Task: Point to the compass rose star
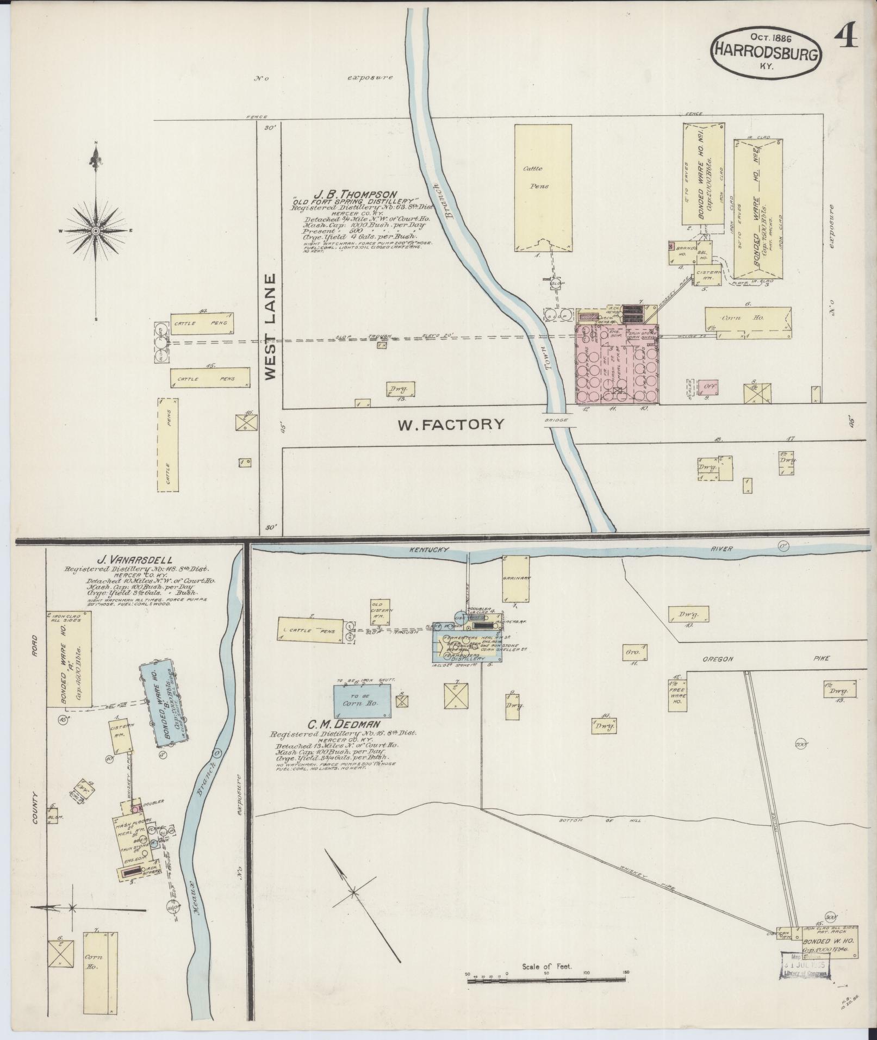coord(96,231)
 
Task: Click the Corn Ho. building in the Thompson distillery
coord(748,323)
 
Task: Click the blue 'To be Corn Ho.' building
coord(362,701)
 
